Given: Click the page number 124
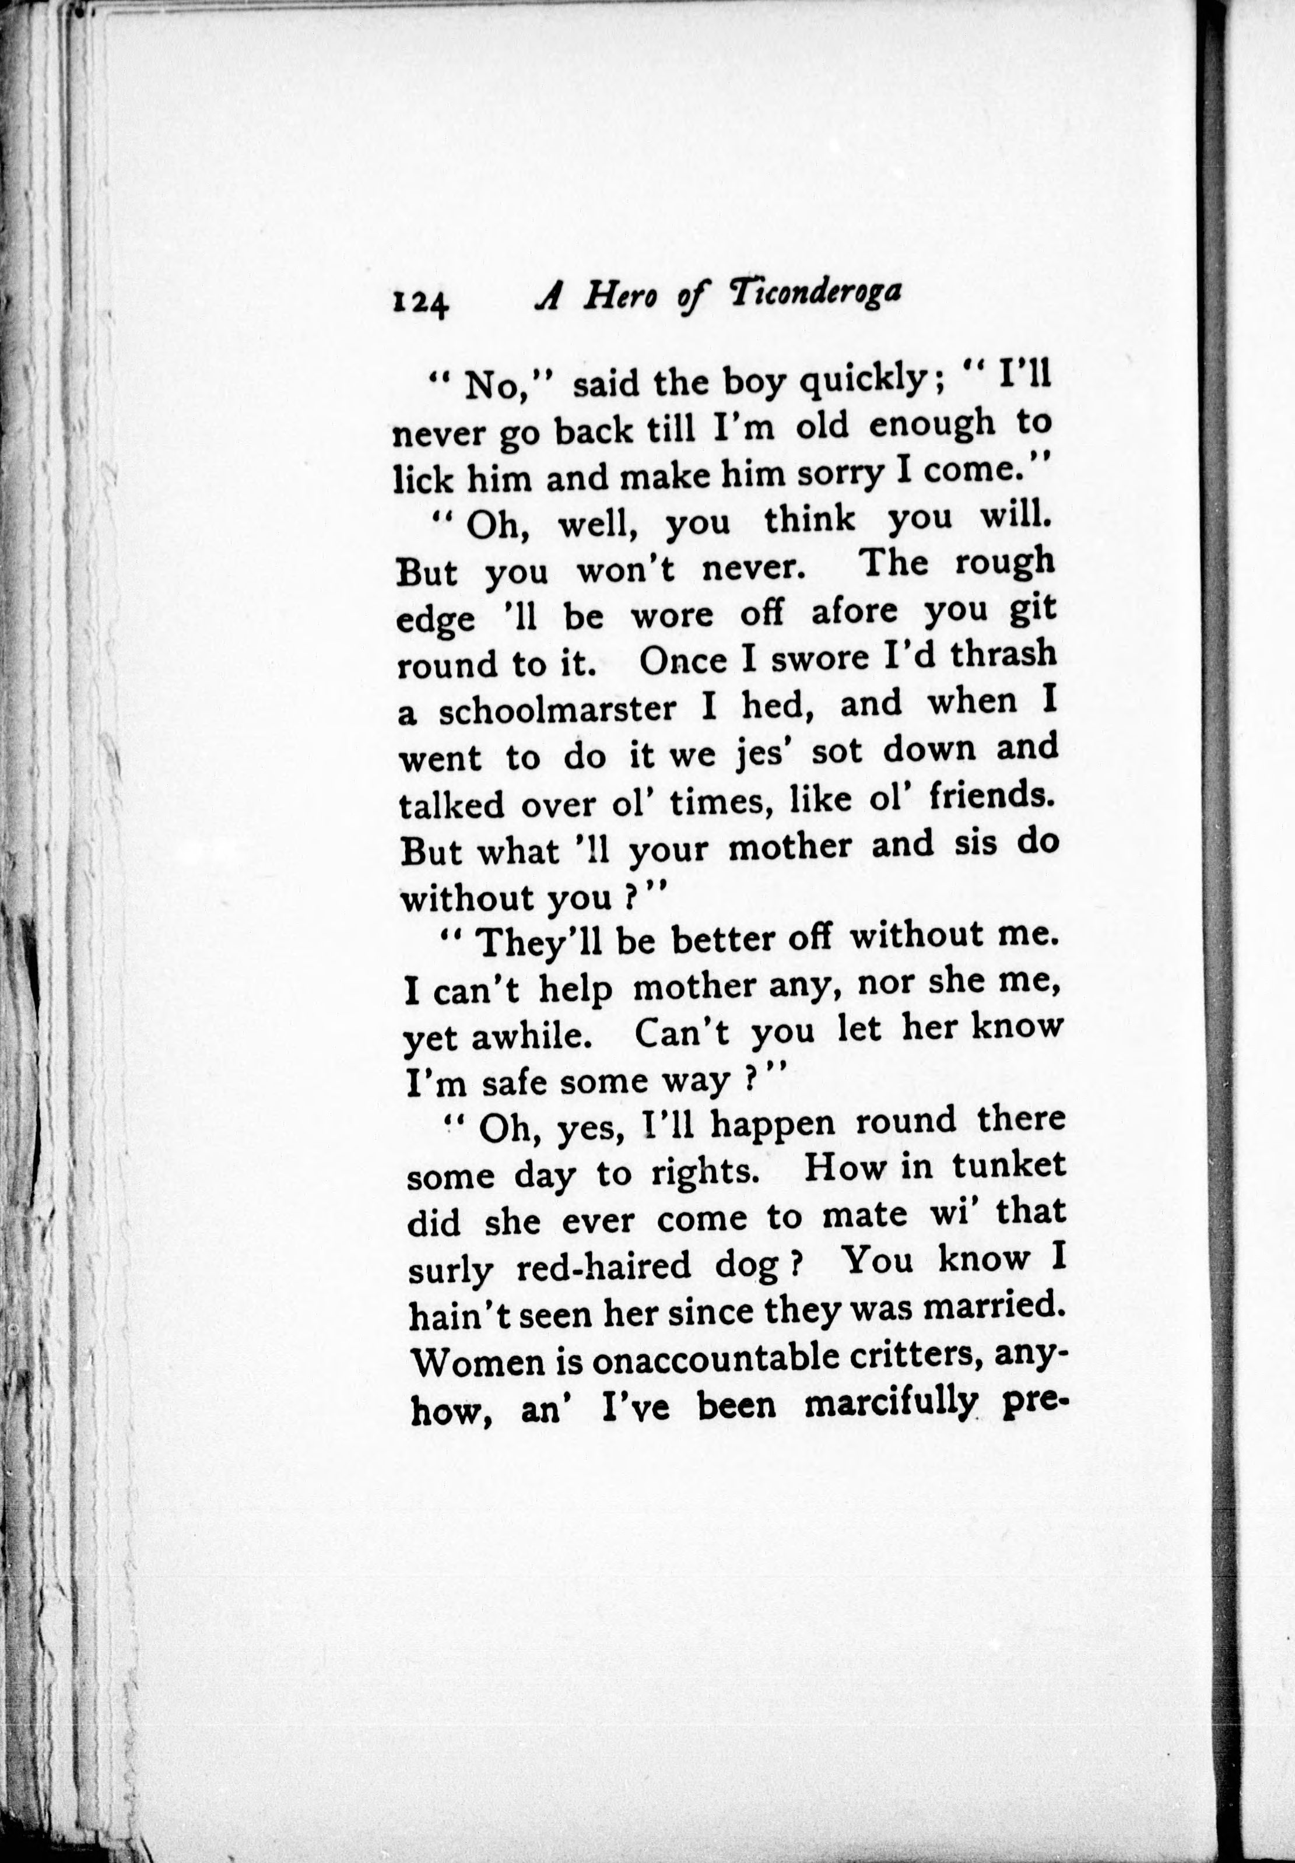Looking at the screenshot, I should (x=420, y=303).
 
